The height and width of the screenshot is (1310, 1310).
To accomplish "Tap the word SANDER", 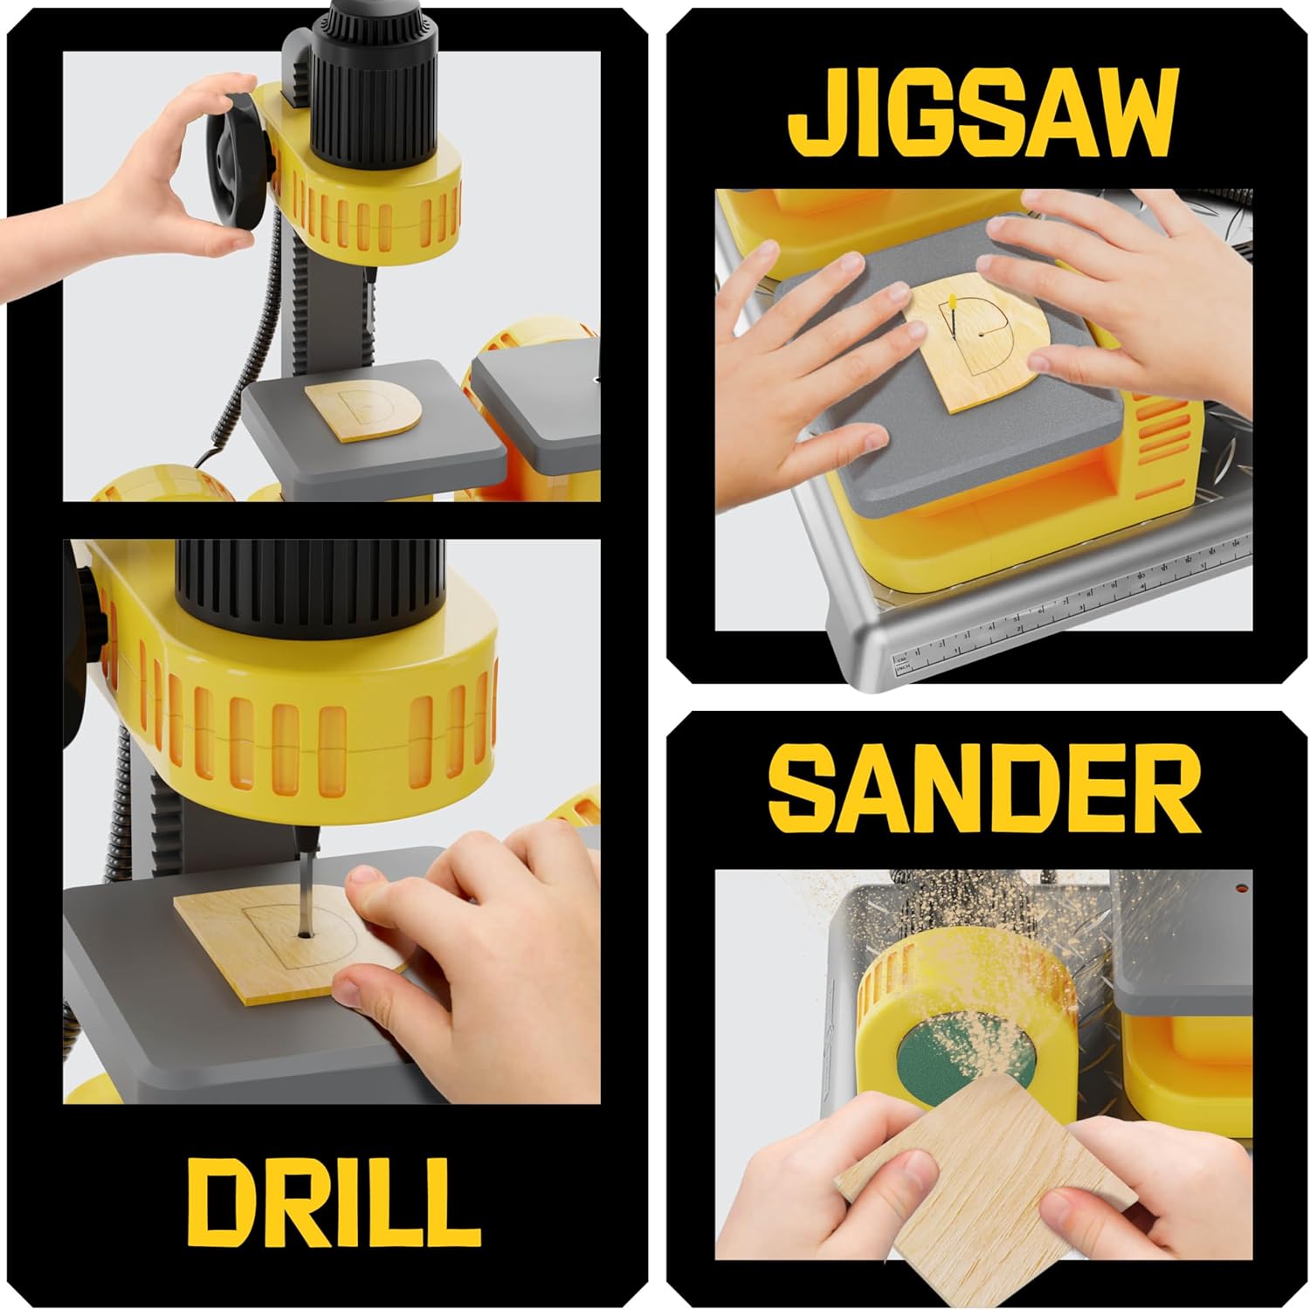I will [x=983, y=792].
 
